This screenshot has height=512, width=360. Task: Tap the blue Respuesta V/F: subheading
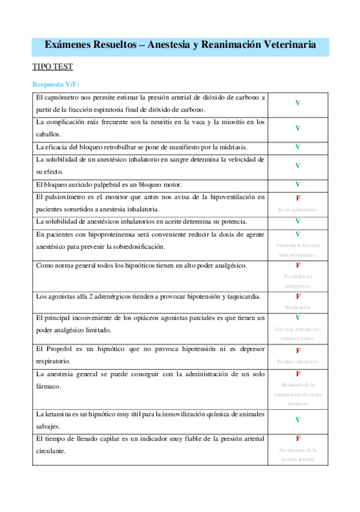[x=56, y=84]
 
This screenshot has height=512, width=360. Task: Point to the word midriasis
[x=230, y=147]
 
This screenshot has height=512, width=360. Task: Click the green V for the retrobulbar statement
[x=298, y=147]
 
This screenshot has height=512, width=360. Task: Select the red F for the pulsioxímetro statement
[x=298, y=198]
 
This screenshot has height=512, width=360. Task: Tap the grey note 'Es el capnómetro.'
[x=298, y=210]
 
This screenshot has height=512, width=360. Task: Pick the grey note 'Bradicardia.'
[x=298, y=307]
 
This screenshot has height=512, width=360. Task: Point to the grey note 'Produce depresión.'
[x=298, y=362]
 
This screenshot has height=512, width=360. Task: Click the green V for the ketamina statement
[x=298, y=419]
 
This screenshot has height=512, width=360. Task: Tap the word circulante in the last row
[x=51, y=451]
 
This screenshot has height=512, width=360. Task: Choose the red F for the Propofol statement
[x=298, y=350]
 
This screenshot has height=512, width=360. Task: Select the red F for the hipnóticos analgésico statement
[x=298, y=265]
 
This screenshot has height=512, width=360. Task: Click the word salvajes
[x=48, y=426]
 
